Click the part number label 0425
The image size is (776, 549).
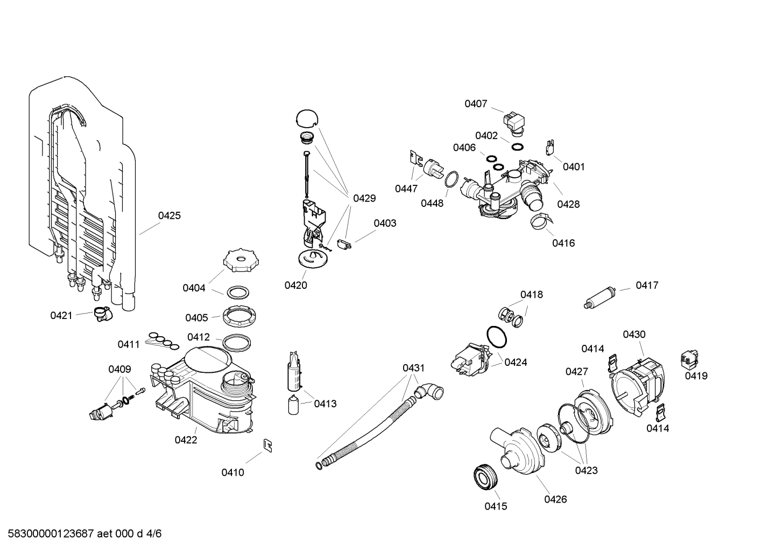coord(169,216)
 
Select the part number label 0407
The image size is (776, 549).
coord(476,104)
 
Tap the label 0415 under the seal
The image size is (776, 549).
coord(496,506)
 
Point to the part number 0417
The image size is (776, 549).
coord(647,286)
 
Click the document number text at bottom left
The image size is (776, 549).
coord(81,534)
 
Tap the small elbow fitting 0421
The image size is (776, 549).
coord(101,314)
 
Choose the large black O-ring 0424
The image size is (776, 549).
coord(497,337)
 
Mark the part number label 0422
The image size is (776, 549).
coord(186,440)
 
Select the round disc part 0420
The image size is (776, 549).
coord(312,258)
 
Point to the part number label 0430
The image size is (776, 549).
coord(634,335)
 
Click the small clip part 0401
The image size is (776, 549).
coord(550,147)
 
